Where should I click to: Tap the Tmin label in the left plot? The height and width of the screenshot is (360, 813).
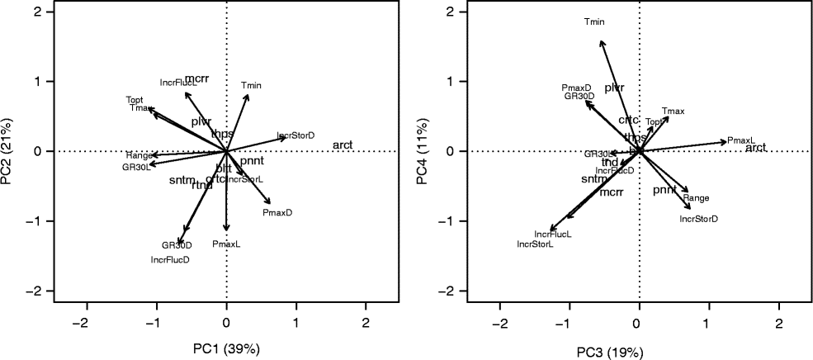[x=251, y=85]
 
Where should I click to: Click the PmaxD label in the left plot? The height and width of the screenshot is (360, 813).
[x=277, y=213]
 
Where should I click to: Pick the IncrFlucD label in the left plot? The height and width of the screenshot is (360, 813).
[x=171, y=260]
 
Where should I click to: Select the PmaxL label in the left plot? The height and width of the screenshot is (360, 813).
[x=225, y=244]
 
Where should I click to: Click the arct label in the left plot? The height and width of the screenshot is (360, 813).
[x=343, y=145]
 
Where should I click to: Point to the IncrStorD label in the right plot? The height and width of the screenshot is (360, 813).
[x=698, y=219]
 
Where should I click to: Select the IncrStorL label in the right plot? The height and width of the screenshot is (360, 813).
[x=535, y=244]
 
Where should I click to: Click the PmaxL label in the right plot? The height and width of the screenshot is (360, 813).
[x=741, y=140]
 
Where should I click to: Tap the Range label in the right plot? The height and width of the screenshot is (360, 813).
[x=696, y=198]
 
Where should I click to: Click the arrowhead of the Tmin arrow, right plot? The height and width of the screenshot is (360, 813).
[x=601, y=41]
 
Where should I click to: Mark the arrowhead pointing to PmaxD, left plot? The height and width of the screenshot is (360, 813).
[x=269, y=203]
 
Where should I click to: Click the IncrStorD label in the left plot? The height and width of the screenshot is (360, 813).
[x=295, y=135]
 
